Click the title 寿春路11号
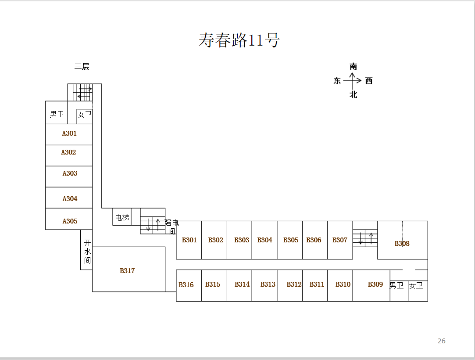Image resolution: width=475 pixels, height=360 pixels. [x=239, y=40]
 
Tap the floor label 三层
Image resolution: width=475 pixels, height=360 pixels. [x=82, y=67]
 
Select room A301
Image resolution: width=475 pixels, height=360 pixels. [x=69, y=134]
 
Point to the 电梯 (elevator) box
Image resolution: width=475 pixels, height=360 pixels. [x=122, y=217]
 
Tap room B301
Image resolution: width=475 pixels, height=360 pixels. [x=189, y=240]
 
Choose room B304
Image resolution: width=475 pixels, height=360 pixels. [x=264, y=240]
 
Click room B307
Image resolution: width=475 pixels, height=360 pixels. [x=340, y=240]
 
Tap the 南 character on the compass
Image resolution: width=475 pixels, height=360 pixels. [x=353, y=66]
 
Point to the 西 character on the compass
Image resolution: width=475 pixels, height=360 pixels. [x=369, y=81]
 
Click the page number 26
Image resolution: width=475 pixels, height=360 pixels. [x=441, y=341]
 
